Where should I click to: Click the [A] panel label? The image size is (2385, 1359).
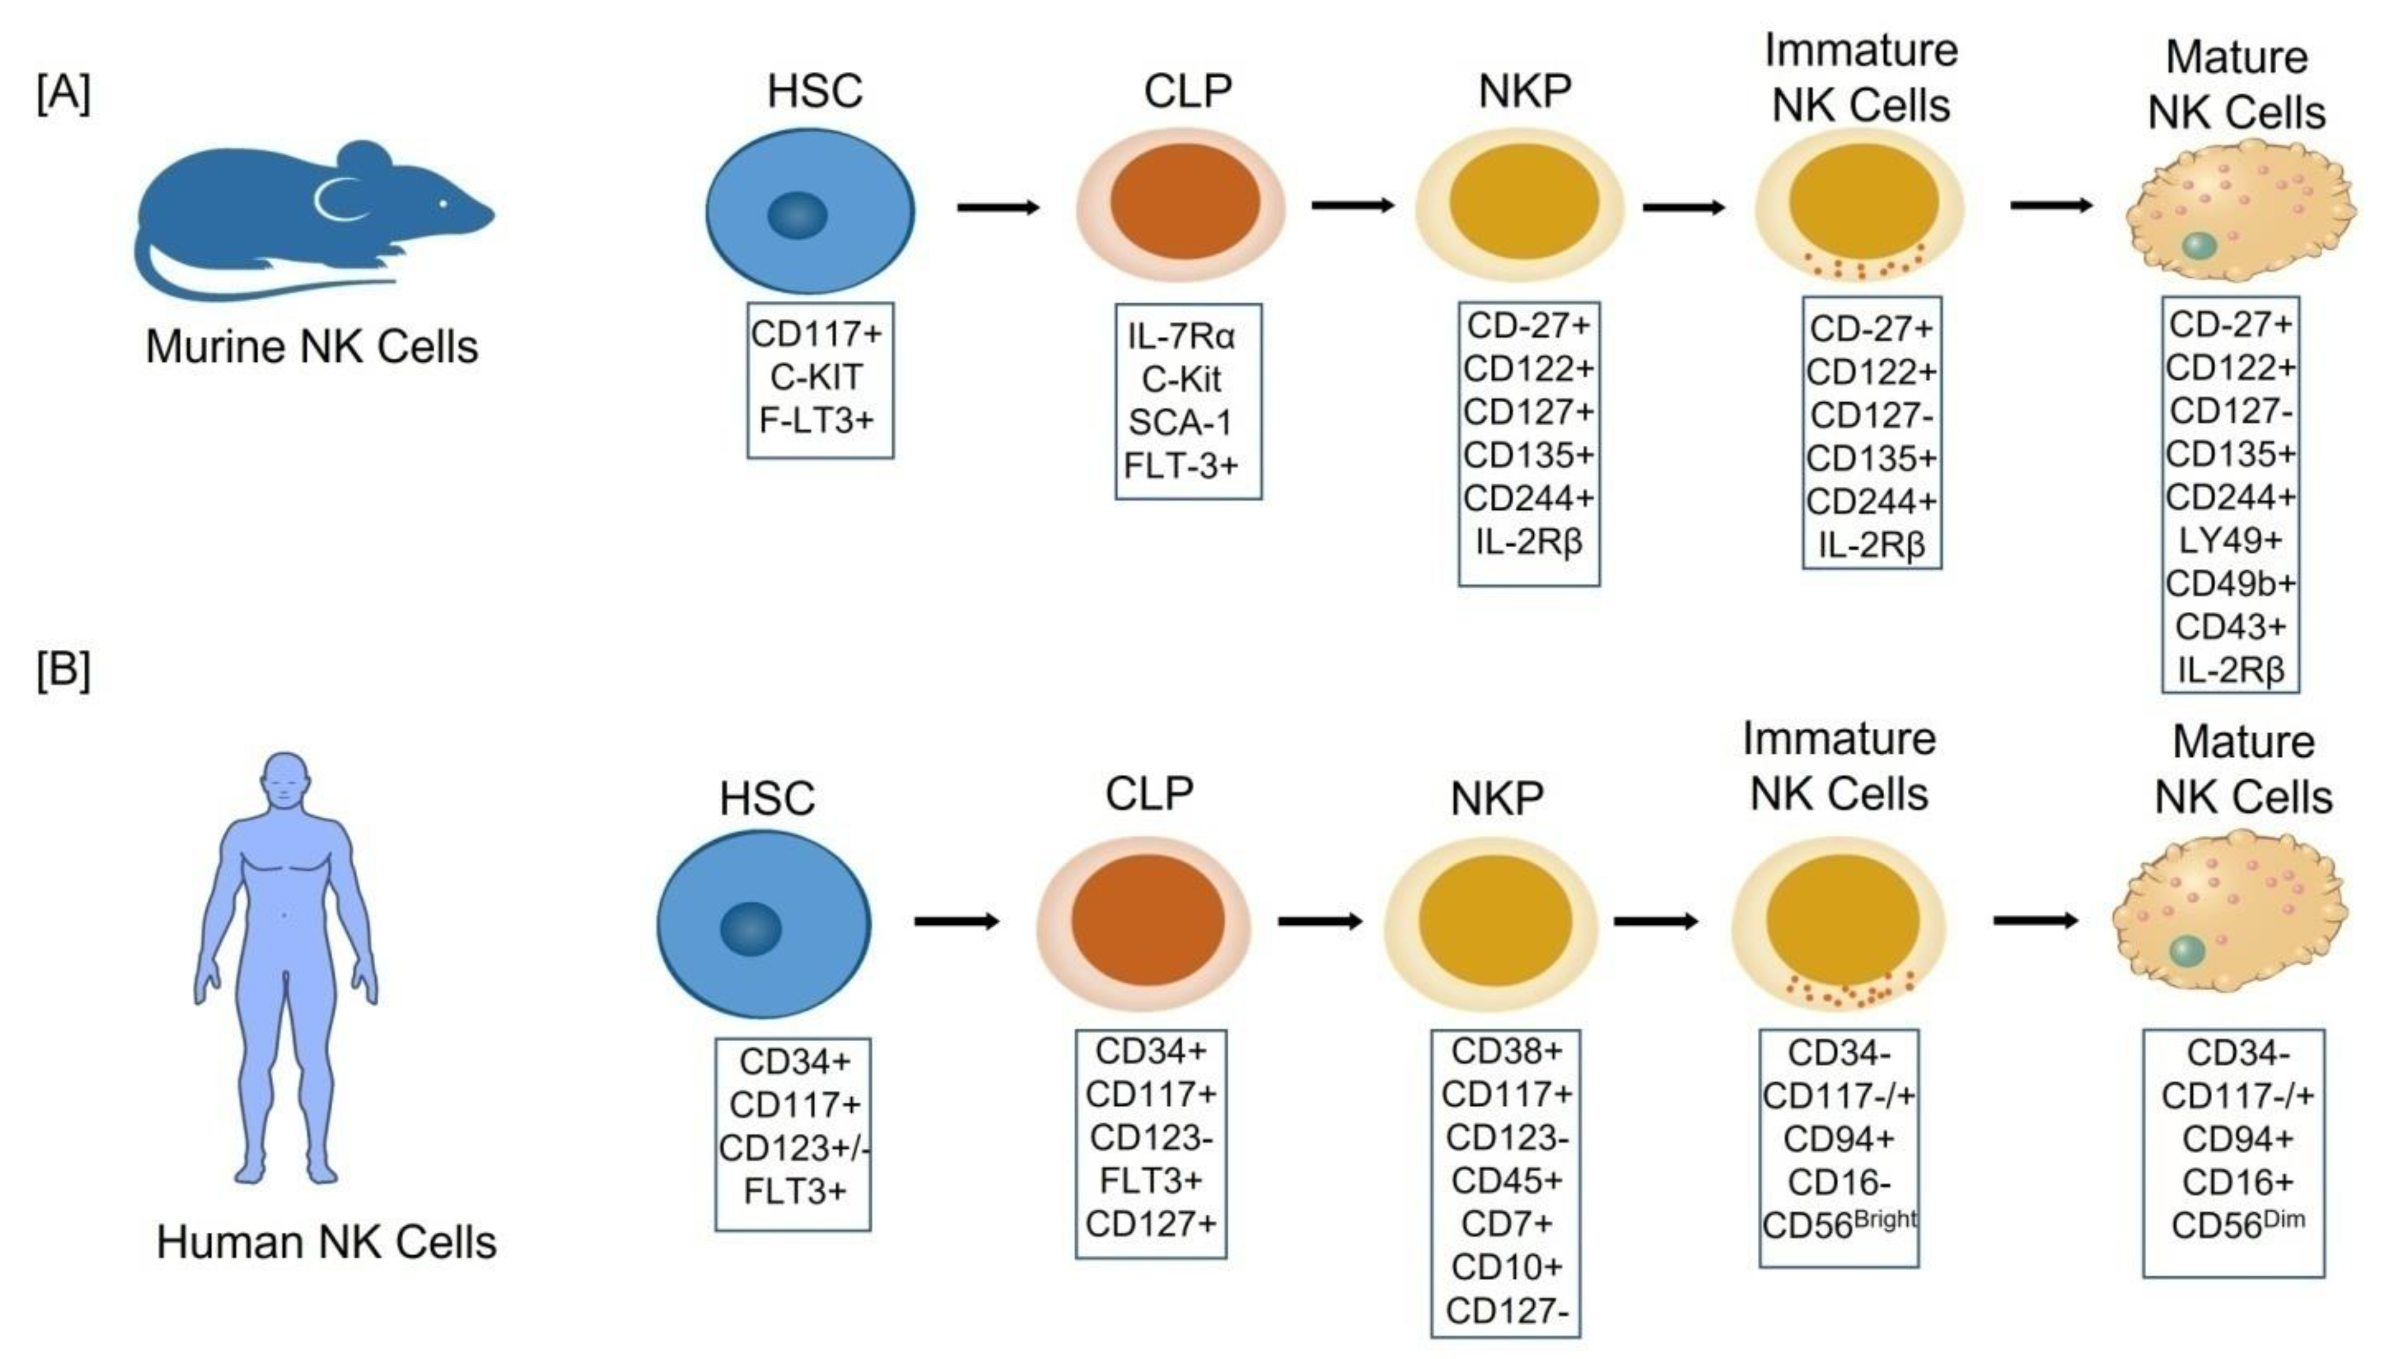(63, 94)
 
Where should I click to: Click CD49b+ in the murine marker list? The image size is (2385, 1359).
(2230, 583)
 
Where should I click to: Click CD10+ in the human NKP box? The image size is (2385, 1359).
(1505, 1267)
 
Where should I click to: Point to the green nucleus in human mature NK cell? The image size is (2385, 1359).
(2186, 952)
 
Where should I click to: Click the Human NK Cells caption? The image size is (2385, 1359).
(326, 1242)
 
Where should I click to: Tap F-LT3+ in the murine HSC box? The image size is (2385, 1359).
(817, 421)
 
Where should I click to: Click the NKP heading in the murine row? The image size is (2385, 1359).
(1524, 91)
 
